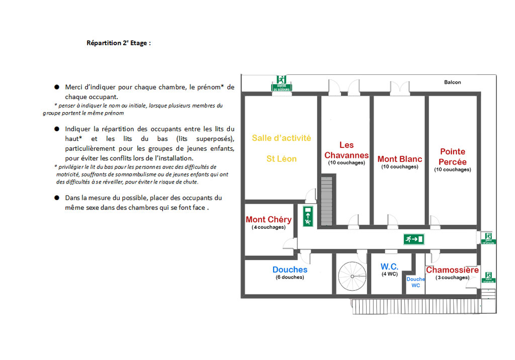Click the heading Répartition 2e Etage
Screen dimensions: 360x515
pos(118,43)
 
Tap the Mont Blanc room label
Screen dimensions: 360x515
pos(400,159)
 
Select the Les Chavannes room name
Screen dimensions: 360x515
pos(347,150)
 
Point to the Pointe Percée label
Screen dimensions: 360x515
pos(453,156)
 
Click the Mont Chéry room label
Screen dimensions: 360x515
pos(269,220)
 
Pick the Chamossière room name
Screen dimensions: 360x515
pos(452,270)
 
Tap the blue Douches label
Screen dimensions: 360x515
pos(290,270)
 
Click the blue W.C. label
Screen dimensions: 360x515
pos(390,266)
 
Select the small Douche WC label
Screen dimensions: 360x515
pos(416,282)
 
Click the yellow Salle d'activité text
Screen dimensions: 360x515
pos(282,138)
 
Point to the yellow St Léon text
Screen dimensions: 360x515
pos(282,159)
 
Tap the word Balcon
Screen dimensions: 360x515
pos(453,82)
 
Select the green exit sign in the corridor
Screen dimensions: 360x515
pos(414,239)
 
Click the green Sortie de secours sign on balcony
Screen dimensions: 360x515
pos(281,83)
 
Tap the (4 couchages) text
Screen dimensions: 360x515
pos(269,227)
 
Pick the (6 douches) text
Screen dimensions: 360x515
pos(290,278)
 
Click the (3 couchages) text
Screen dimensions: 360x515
pos(452,278)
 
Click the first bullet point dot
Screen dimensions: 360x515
pos(57,87)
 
